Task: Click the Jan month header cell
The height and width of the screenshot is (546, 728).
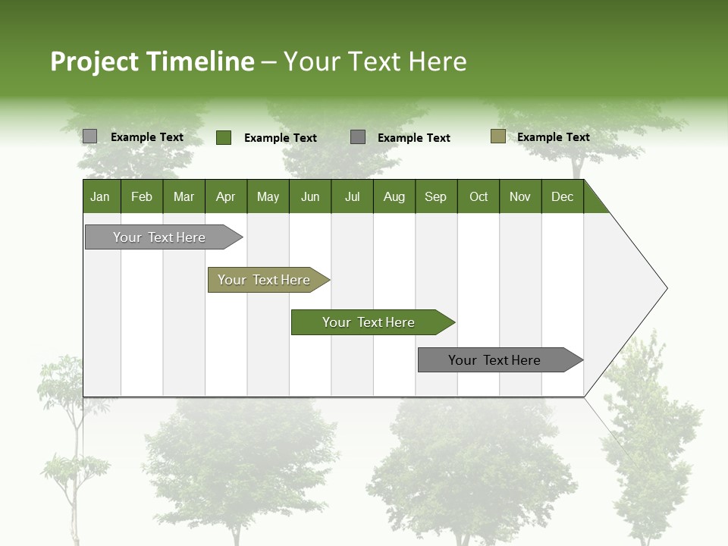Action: (x=101, y=196)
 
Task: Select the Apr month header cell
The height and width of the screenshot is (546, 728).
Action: (x=225, y=196)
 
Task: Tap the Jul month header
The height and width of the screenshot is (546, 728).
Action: (x=352, y=196)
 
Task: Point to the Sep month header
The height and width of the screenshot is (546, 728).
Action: (x=435, y=196)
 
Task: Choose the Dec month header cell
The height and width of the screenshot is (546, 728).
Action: (x=562, y=196)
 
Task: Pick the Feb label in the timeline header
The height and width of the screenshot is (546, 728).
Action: (x=142, y=196)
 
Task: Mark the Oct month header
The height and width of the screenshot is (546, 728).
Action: (x=478, y=196)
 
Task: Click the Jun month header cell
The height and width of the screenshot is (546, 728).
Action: (x=309, y=196)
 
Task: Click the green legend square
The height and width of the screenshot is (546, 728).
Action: (x=223, y=137)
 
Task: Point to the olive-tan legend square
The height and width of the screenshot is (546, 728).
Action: (x=497, y=136)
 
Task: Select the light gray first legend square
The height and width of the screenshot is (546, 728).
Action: (x=89, y=136)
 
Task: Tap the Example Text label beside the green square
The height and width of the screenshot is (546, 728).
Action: (x=280, y=138)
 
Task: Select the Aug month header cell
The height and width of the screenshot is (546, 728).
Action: (x=394, y=196)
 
